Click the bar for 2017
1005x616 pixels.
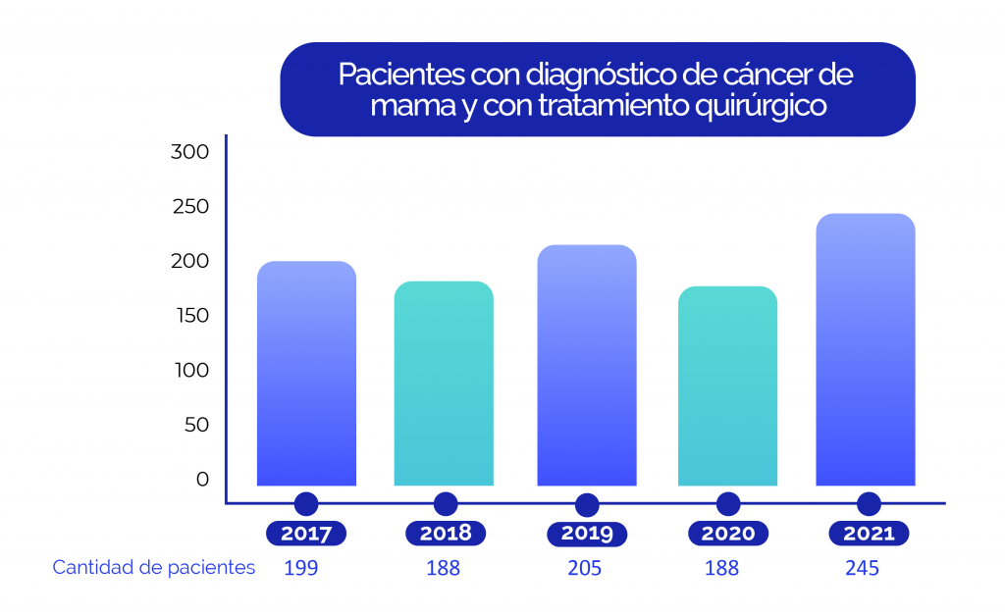click(306, 374)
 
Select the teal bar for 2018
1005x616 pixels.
click(444, 384)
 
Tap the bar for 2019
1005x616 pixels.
click(587, 366)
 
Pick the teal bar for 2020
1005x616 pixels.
click(727, 386)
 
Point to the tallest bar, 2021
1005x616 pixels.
click(866, 350)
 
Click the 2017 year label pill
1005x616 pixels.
click(306, 534)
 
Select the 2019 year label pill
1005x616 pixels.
click(587, 534)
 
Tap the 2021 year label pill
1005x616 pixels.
click(869, 534)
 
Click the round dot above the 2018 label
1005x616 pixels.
click(446, 504)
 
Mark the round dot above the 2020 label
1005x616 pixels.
click(727, 504)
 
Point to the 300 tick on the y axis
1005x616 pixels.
click(189, 152)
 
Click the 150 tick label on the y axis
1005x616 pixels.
click(189, 316)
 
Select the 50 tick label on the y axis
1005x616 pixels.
click(195, 425)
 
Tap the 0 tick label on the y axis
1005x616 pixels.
click(202, 479)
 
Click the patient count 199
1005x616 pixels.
click(300, 568)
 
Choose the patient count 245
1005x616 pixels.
click(862, 568)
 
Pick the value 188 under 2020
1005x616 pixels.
click(721, 568)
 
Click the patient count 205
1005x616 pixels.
click(584, 568)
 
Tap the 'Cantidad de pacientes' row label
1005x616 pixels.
click(154, 568)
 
